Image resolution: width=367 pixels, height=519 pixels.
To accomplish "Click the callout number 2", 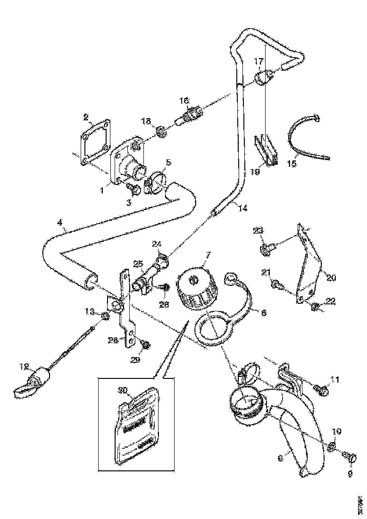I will point(86,117).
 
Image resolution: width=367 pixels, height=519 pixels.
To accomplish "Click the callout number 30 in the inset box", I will point(123,390).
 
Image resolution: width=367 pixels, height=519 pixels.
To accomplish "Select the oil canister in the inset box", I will point(137,425).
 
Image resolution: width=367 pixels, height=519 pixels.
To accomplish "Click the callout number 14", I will point(243,207).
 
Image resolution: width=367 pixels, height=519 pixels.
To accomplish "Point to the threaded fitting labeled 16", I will point(190,113).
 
